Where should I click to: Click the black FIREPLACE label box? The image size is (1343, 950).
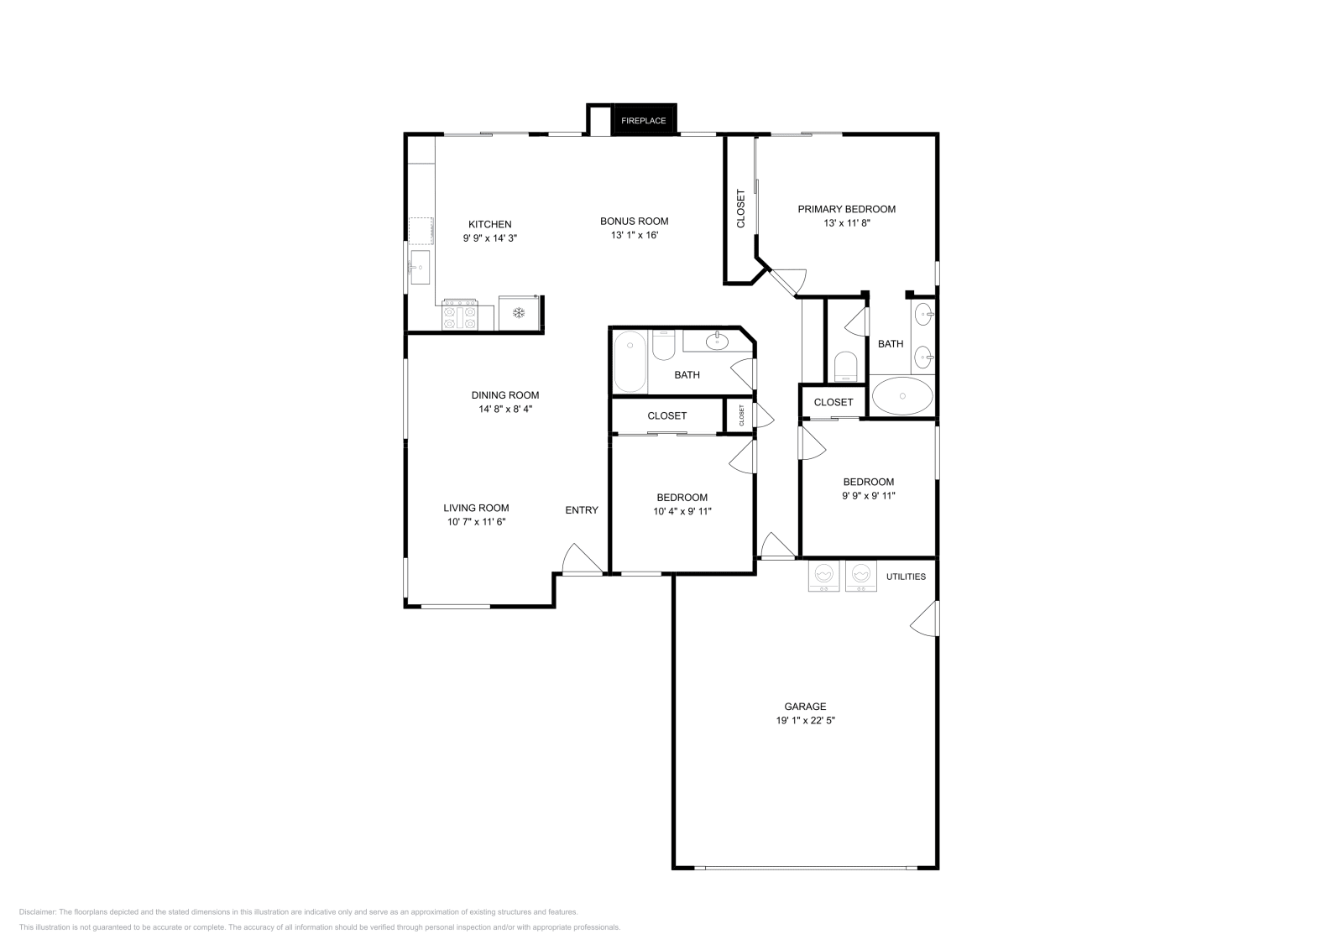643,120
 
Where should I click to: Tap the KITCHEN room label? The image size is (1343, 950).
490,224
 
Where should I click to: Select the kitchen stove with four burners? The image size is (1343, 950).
460,315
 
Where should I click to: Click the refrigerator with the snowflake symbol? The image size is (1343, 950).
519,312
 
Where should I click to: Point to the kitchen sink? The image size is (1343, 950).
419,268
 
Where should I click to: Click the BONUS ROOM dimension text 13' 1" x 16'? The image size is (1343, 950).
635,235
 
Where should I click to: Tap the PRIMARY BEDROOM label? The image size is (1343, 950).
847,209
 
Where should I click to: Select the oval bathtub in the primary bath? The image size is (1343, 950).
902,395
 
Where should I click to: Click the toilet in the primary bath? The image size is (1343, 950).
846,366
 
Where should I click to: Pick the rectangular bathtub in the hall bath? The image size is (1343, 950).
630,362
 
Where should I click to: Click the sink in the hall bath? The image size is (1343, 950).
717,341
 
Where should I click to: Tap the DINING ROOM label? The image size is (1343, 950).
505,395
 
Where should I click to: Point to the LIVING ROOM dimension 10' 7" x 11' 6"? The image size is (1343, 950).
477,521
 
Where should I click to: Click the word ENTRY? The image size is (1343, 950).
582,510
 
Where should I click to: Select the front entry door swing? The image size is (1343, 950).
583,559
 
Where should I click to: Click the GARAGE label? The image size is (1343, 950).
805,707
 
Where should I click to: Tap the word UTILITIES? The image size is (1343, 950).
906,577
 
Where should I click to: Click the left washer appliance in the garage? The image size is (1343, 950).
823,576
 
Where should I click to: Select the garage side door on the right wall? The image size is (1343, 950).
924,618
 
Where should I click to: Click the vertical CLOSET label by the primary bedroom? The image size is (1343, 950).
740,209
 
